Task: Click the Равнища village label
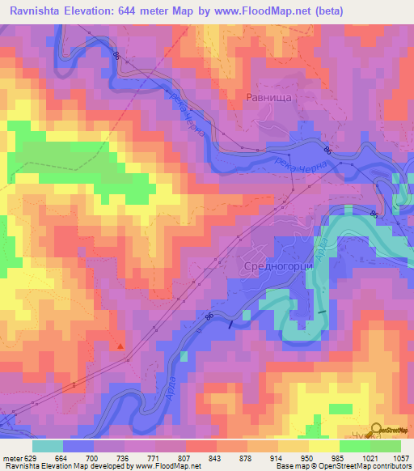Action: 268,96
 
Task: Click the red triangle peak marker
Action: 121,346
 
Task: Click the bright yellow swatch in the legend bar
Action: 323,446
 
